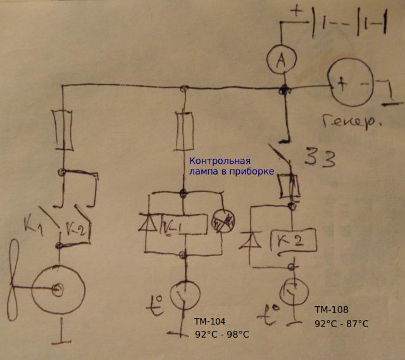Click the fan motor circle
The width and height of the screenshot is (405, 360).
58,290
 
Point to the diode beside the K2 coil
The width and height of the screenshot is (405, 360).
251,240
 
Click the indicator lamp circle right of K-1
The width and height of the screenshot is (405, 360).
223,220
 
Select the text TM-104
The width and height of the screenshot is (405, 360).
210,321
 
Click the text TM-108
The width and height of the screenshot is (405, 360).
330,310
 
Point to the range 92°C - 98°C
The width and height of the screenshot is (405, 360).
221,335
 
